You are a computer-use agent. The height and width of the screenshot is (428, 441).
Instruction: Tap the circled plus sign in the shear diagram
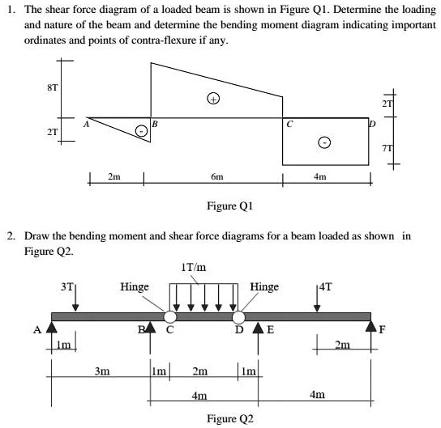coord(213,100)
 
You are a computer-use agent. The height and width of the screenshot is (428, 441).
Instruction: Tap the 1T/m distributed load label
coord(195,269)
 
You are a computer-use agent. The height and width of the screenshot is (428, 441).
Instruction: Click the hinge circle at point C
coord(169,316)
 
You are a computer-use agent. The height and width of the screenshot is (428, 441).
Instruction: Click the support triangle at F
coord(372,328)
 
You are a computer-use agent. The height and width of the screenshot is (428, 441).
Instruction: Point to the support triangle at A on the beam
coord(51,328)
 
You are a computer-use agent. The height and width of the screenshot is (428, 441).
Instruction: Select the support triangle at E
coord(259,329)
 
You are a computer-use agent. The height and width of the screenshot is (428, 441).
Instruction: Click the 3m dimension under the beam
coord(102,373)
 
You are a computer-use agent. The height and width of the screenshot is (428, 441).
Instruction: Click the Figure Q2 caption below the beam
coord(229,418)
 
